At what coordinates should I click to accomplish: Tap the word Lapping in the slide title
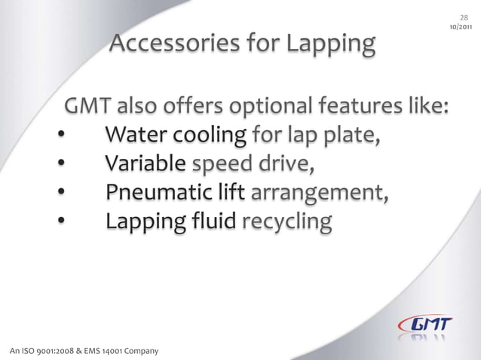tap(329, 46)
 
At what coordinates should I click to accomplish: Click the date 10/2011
tap(461, 28)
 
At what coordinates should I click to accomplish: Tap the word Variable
tap(146, 163)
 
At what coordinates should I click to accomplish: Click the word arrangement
tap(317, 194)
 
